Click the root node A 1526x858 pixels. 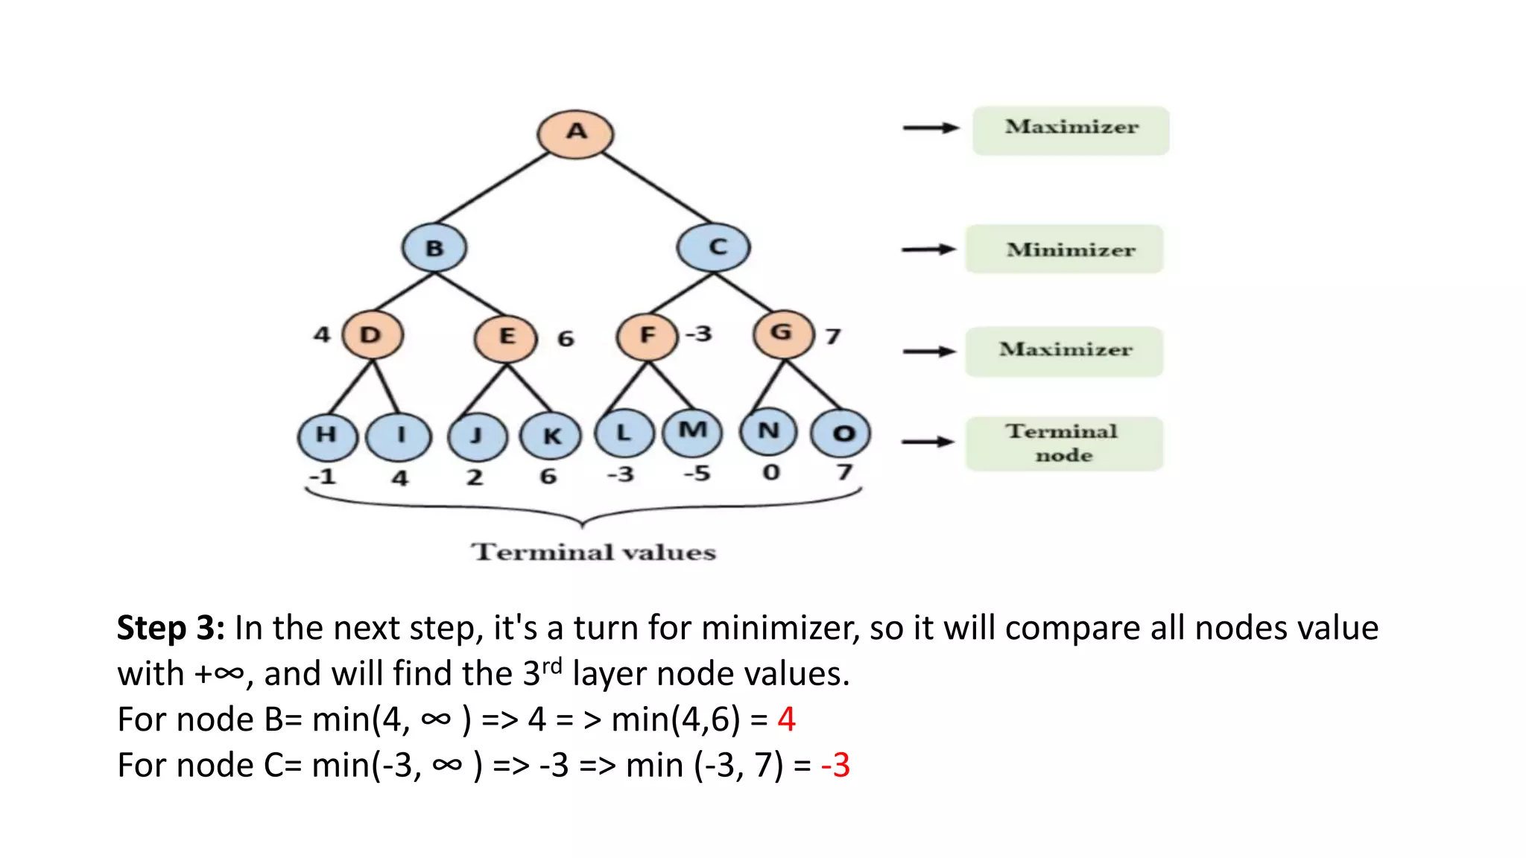tap(575, 134)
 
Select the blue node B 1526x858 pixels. tap(434, 247)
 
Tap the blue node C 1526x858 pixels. tap(714, 247)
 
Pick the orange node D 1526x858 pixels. tap(372, 335)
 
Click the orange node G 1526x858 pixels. tap(782, 334)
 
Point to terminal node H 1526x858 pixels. tap(327, 436)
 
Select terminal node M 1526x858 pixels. tap(692, 431)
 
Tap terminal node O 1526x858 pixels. tap(840, 433)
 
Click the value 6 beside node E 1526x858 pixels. tap(566, 339)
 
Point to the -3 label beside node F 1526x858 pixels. tap(699, 334)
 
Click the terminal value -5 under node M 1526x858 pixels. tap(697, 473)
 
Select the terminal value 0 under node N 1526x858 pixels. tap(771, 472)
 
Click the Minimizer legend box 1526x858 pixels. tap(1064, 250)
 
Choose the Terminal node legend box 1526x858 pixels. tap(1064, 443)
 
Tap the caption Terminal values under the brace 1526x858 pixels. tap(593, 552)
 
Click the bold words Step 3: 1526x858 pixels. tap(171, 628)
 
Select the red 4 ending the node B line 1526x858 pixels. tap(786, 719)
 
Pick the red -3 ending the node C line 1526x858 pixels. tap(835, 766)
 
